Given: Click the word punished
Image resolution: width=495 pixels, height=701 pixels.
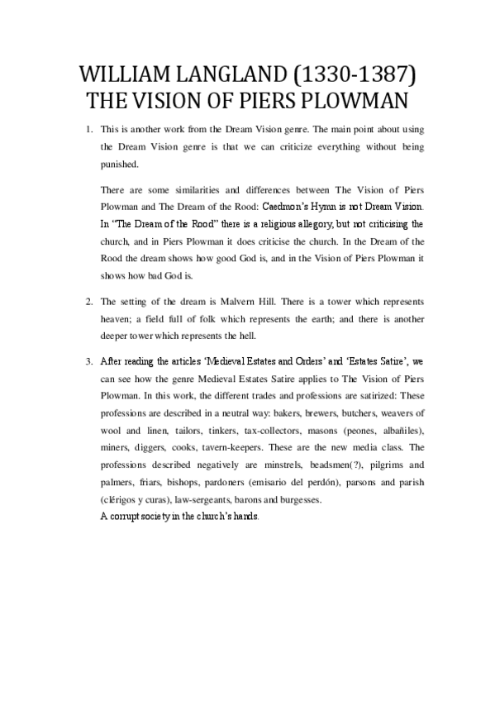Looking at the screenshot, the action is (120, 165).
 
